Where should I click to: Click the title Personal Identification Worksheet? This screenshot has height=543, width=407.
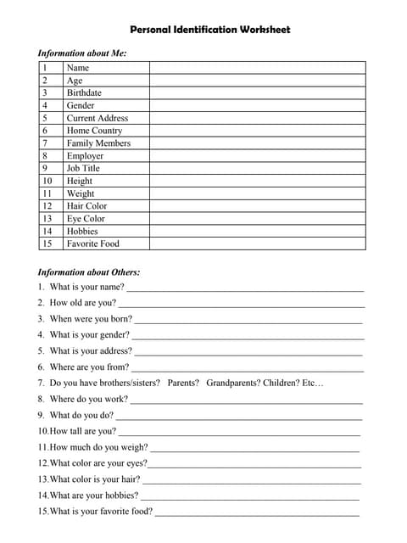[x=203, y=30]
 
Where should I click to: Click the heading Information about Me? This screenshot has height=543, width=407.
[x=82, y=53]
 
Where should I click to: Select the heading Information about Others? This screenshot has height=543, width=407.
[x=89, y=272]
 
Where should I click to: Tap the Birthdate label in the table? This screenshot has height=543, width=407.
[x=84, y=92]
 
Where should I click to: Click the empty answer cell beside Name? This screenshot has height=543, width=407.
[x=257, y=68]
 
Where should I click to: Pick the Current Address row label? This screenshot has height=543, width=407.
[x=98, y=118]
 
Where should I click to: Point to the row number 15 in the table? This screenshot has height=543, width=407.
[x=47, y=244]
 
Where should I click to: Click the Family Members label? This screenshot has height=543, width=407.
[x=98, y=143]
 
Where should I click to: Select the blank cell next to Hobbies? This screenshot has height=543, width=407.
[x=257, y=231]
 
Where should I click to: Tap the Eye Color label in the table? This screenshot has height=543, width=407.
[x=86, y=218]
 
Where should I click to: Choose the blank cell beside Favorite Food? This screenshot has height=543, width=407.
[x=257, y=244]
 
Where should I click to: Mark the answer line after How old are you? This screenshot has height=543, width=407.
[x=242, y=304]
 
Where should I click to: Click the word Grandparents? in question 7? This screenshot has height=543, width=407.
[x=232, y=383]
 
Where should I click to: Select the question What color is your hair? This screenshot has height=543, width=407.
[x=95, y=479]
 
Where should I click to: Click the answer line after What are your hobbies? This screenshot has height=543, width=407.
[x=250, y=496]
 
